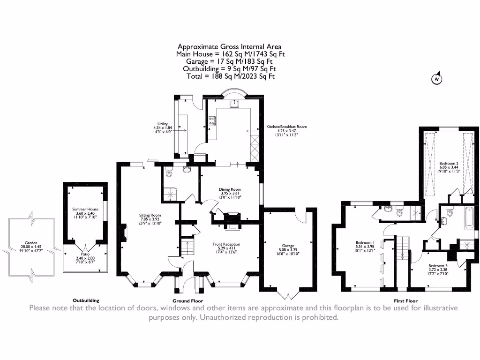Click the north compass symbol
pyautogui.click(x=436, y=79)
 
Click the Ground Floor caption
pyautogui.click(x=187, y=301)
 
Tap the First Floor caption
pyautogui.click(x=406, y=301)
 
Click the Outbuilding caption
pyautogui.click(x=86, y=300)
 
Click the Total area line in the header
pyautogui.click(x=230, y=75)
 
